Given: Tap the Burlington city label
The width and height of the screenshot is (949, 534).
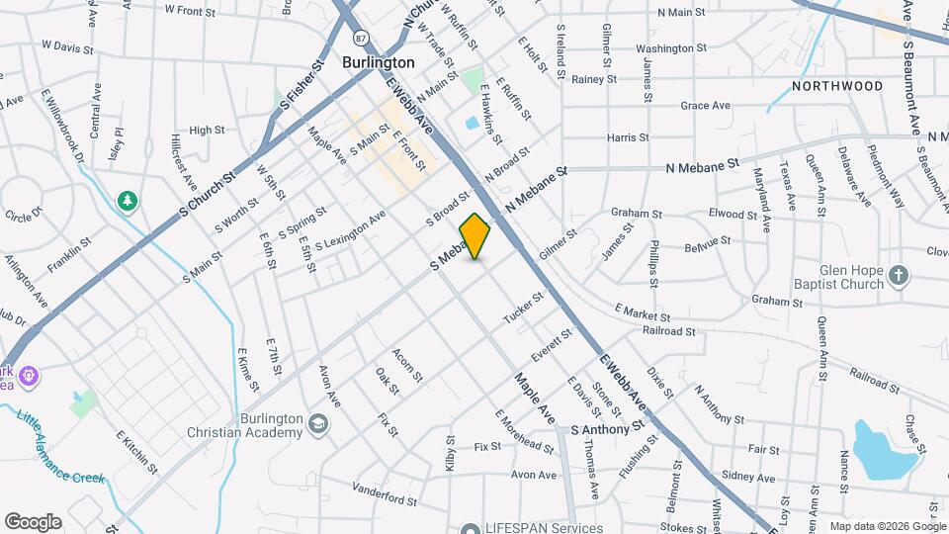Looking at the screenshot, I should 378,61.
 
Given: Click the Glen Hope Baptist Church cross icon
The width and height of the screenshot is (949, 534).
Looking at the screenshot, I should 898,276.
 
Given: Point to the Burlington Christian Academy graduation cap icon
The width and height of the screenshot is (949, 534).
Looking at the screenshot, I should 317,424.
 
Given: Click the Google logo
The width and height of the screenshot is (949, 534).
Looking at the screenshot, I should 33,521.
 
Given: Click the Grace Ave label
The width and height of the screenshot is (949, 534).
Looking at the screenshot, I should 705,106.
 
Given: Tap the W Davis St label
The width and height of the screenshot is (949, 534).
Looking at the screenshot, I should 67,46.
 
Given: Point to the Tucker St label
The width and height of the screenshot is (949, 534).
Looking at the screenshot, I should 524,307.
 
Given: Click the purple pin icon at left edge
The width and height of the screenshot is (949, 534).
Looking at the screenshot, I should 29,376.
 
